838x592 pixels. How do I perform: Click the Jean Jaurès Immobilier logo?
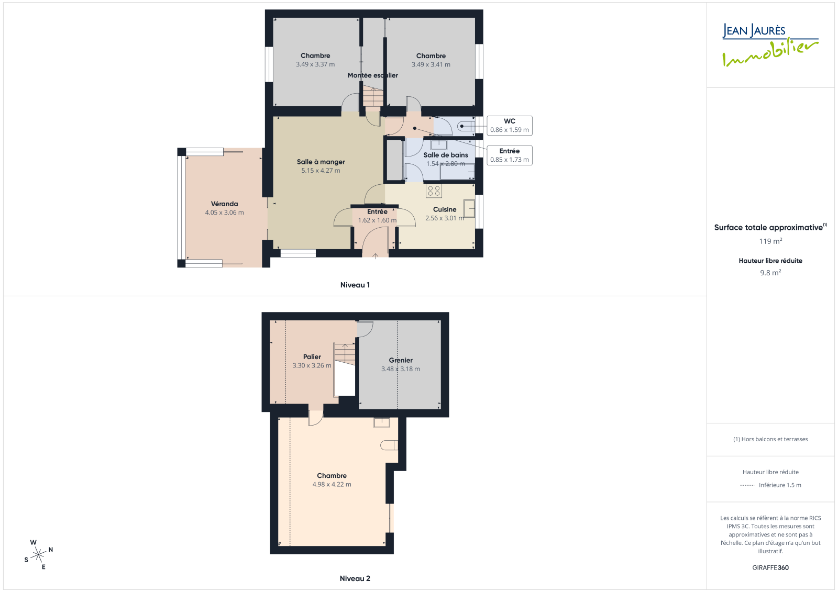click(x=770, y=45)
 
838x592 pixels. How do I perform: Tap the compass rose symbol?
click(x=38, y=554)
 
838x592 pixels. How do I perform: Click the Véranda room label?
click(x=225, y=204)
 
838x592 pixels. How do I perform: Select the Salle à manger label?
click(x=321, y=162)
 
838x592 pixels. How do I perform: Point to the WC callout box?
click(x=510, y=126)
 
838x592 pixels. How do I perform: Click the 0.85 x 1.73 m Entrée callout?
click(x=510, y=155)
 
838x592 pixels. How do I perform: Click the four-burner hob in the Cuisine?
click(x=434, y=191)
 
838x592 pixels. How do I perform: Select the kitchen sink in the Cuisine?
click(x=469, y=209)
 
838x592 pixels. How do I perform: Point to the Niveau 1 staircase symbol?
click(x=373, y=96)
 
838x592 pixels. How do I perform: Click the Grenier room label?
click(x=401, y=360)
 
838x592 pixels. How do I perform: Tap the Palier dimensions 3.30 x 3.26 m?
click(x=312, y=365)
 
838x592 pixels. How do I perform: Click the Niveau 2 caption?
click(x=355, y=578)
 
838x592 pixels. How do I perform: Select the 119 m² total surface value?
click(x=770, y=241)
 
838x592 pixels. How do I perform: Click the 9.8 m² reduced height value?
click(x=770, y=273)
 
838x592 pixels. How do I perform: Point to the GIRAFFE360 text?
click(x=770, y=568)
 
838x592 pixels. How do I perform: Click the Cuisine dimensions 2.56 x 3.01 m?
click(x=445, y=218)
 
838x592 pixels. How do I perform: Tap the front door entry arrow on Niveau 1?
click(x=375, y=256)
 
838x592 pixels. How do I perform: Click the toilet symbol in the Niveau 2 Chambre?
click(x=389, y=445)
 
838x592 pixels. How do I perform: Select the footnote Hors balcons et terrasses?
click(x=770, y=439)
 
